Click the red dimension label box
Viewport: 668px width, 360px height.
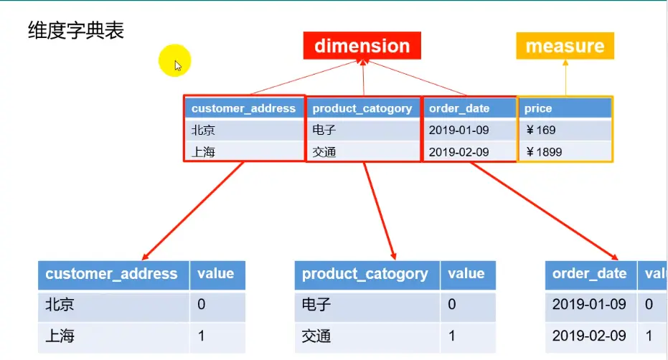pos(362,46)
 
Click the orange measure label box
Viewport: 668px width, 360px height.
pos(565,46)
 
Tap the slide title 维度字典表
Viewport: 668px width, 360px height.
pos(75,31)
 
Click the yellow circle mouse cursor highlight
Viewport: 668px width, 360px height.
pos(175,62)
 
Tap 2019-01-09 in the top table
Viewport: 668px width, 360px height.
pos(459,131)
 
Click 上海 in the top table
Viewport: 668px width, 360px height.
pos(203,152)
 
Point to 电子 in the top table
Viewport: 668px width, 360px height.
pos(324,131)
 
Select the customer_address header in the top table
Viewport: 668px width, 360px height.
pos(243,108)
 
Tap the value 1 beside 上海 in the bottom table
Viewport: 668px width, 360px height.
pos(201,336)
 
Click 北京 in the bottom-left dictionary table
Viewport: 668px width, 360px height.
pos(60,305)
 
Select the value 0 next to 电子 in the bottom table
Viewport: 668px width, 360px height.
pos(452,305)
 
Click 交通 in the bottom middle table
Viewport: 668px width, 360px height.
pos(316,336)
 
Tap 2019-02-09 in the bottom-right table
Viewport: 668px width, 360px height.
pos(589,336)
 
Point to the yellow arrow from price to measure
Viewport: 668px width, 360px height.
pos(565,77)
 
